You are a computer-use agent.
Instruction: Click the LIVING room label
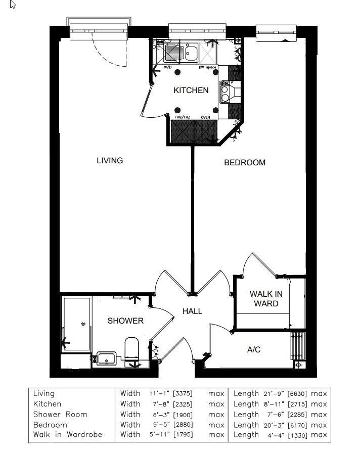coord(110,161)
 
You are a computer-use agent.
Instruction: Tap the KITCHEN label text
coord(191,90)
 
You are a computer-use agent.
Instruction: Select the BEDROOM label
coord(245,163)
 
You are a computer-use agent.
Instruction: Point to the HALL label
coord(192,311)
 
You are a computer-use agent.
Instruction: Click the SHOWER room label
coord(125,321)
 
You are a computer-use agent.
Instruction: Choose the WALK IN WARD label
coord(266,299)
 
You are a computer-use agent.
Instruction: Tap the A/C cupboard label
coord(254,350)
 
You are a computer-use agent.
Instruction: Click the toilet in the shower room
coord(132,349)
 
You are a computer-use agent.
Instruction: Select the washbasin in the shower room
coord(106,358)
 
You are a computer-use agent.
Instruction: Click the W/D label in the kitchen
coord(168,67)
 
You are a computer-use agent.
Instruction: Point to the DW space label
coord(207,67)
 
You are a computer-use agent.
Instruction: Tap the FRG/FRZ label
coord(182,117)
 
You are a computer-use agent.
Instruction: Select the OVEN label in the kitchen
coord(206,117)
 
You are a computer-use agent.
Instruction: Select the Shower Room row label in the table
coord(60,414)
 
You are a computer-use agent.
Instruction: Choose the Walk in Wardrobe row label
coord(68,435)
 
